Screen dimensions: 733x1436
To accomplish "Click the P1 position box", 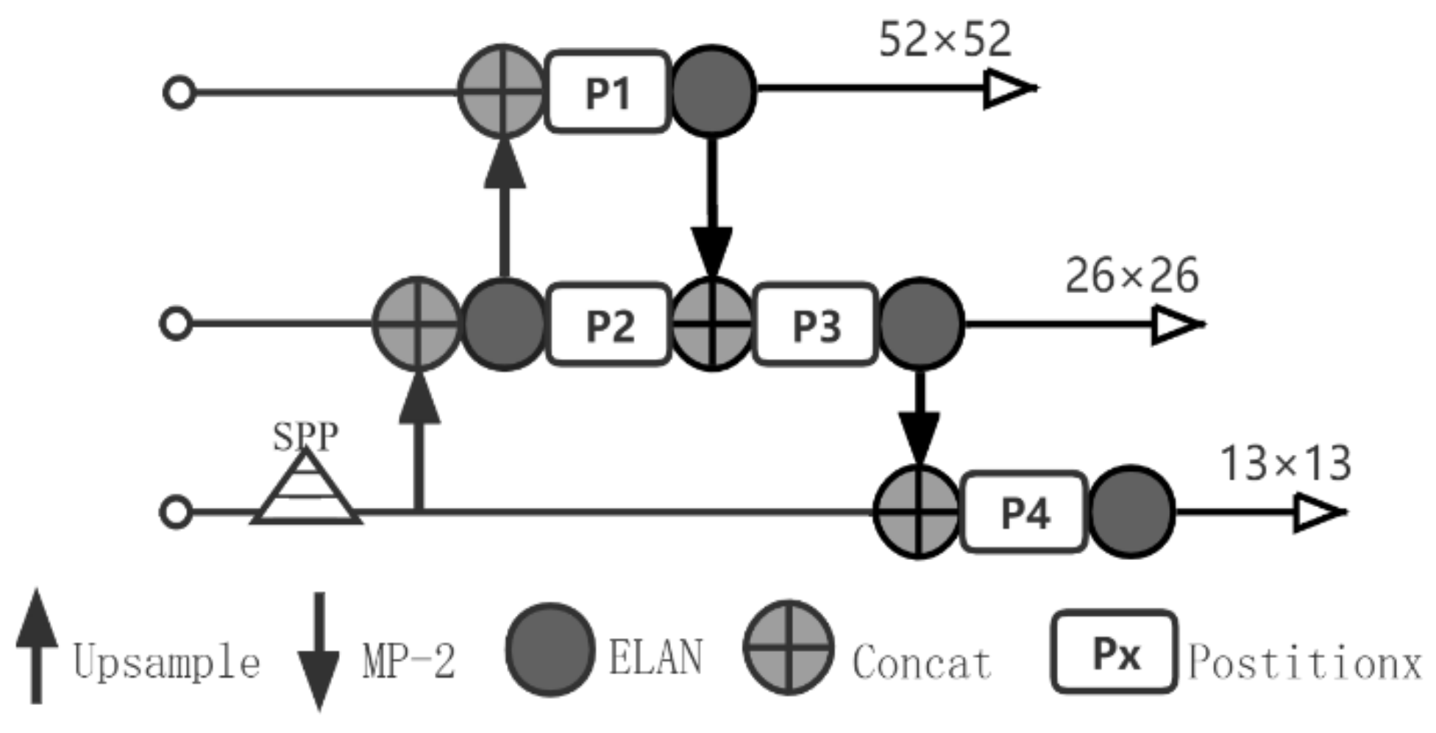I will (x=608, y=93).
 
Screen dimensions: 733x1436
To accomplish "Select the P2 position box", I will (x=609, y=325).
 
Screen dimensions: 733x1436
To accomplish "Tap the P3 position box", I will (x=816, y=325).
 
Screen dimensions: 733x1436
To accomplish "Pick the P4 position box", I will (x=1024, y=512).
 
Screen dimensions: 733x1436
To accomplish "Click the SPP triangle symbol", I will (x=307, y=492).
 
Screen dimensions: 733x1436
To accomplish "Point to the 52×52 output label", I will (x=945, y=40).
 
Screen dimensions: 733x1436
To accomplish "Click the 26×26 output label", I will (x=1131, y=276).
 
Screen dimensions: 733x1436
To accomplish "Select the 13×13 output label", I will (x=1285, y=464).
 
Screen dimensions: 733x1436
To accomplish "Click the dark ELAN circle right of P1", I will (x=713, y=91).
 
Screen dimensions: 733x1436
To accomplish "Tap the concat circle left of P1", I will (x=502, y=91).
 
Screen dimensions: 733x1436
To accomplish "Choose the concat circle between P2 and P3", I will (x=712, y=324).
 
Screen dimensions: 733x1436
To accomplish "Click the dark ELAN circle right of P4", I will (x=1131, y=511).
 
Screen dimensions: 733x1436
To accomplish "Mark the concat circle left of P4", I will (x=918, y=511).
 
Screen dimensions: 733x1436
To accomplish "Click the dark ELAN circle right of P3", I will (x=920, y=324).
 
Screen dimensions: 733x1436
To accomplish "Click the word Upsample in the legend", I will (x=166, y=662).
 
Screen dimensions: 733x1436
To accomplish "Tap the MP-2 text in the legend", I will (x=409, y=660).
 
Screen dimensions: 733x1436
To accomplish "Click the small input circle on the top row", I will (x=179, y=93).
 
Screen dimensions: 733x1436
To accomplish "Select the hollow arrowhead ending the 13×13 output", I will (x=1319, y=512).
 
